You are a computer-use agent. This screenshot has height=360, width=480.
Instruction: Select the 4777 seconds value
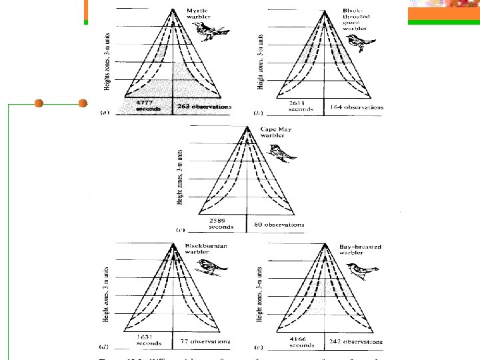pos(147,105)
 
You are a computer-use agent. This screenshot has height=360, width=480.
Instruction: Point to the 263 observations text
pos(204,106)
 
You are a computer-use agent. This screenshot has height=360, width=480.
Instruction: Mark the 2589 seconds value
pos(221,223)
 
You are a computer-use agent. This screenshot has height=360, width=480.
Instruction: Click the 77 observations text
pos(205,341)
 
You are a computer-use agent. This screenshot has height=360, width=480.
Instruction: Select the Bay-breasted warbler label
pos(359,249)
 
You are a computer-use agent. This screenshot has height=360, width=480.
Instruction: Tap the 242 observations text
pos(357,342)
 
